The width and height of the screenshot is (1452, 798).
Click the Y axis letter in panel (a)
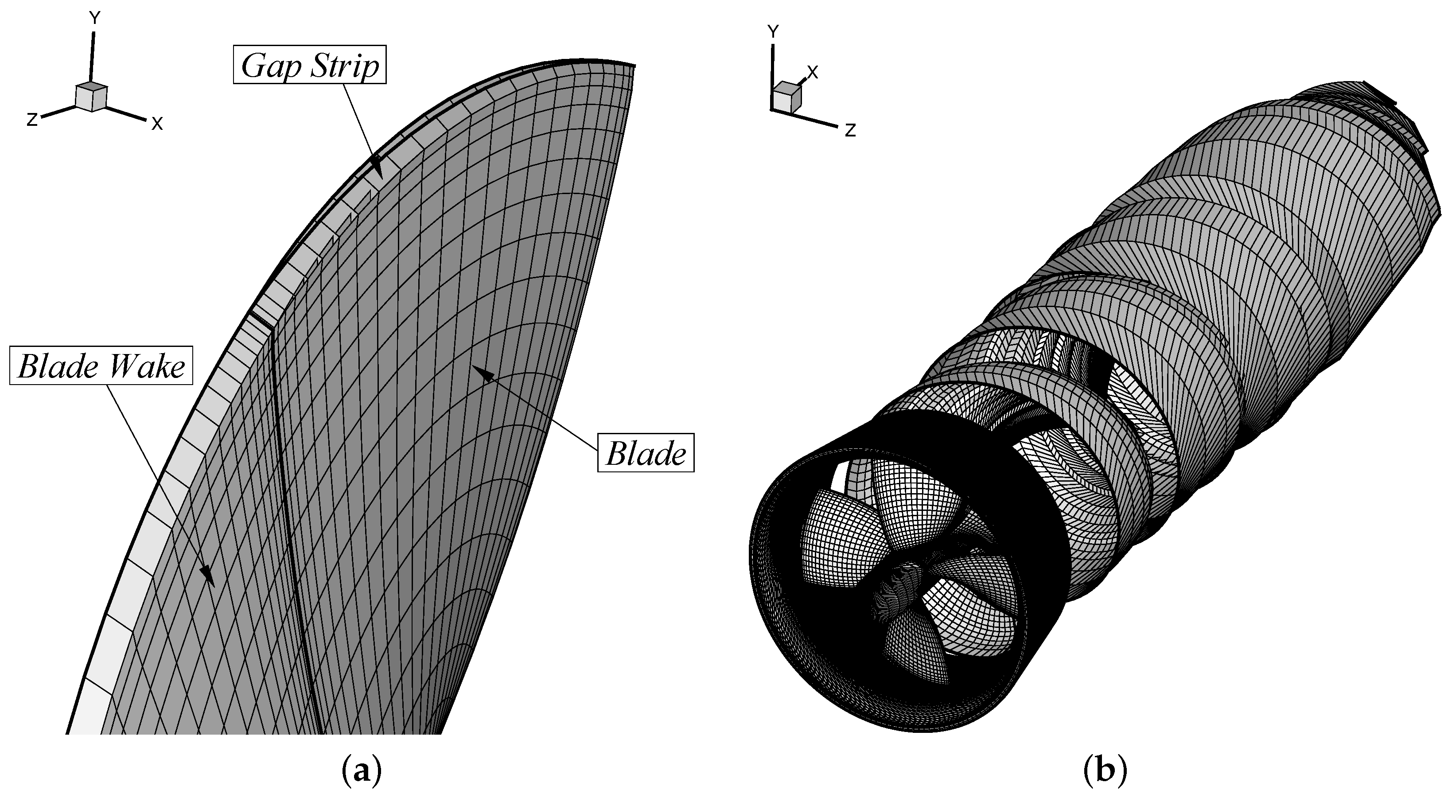95,19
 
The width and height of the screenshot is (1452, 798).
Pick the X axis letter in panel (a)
157,124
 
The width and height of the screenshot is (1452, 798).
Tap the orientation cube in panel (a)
91,97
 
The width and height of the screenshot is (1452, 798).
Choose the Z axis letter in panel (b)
850,131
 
